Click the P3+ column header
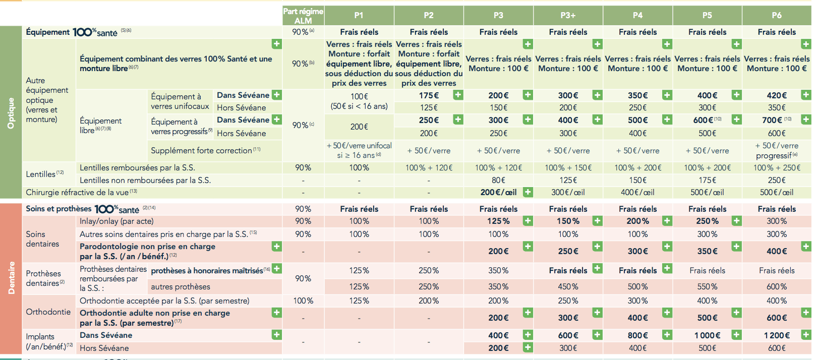[568, 15]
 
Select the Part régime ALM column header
[303, 16]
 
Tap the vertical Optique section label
[11, 113]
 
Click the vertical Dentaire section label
[11, 278]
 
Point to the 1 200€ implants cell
[777, 335]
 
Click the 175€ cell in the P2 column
[429, 95]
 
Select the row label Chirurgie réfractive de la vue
[81, 192]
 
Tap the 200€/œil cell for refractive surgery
[498, 192]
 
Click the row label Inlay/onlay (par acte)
[116, 221]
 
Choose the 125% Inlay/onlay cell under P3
[498, 221]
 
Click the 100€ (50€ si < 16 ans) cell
[359, 101]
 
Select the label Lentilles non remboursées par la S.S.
[145, 180]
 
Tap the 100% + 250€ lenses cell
[777, 167]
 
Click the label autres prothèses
[181, 286]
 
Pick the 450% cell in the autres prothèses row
[568, 286]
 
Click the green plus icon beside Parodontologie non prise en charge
[277, 246]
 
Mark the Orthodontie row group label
[48, 312]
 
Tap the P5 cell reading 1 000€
[707, 335]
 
